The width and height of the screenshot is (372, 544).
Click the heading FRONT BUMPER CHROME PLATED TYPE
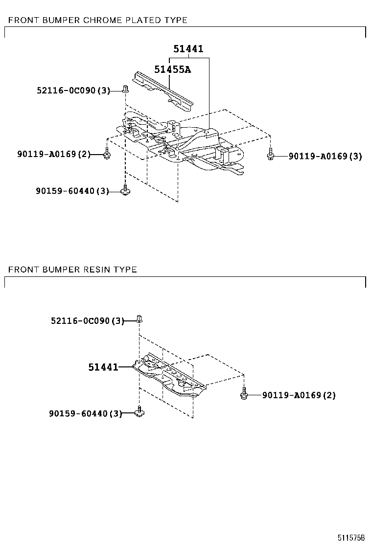coord(98,20)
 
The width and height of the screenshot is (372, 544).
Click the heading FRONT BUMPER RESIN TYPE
coord(72,270)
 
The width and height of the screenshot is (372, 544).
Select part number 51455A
coord(172,69)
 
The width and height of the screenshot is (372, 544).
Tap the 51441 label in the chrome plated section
coord(188,49)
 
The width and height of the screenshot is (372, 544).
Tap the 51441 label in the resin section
coord(103,367)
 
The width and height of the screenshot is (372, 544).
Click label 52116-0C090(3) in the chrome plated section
coord(73,90)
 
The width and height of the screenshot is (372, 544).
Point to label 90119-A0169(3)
coord(325,156)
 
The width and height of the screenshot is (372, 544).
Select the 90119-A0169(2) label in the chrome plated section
coord(54,154)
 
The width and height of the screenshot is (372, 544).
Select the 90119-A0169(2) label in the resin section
coord(299,395)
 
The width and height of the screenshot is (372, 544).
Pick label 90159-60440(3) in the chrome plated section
coord(72,191)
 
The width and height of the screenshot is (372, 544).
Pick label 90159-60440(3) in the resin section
coord(85,413)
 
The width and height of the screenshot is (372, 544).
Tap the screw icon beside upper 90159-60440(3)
coord(125,190)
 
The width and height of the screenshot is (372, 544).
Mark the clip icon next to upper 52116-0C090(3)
coord(125,89)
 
